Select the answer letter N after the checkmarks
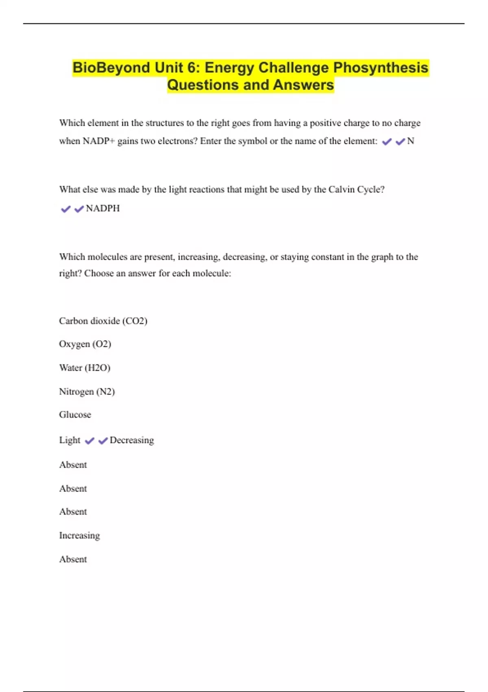click(411, 141)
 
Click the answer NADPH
click(103, 208)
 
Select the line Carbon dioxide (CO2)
click(103, 321)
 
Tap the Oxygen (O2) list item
click(85, 344)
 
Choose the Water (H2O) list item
click(85, 368)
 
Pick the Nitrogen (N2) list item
click(87, 392)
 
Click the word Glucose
click(75, 415)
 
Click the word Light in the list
click(70, 440)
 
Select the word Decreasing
click(132, 440)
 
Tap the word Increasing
click(79, 536)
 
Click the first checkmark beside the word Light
click(89, 441)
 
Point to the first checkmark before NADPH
click(65, 209)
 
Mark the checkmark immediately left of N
click(400, 142)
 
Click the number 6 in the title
click(192, 68)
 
